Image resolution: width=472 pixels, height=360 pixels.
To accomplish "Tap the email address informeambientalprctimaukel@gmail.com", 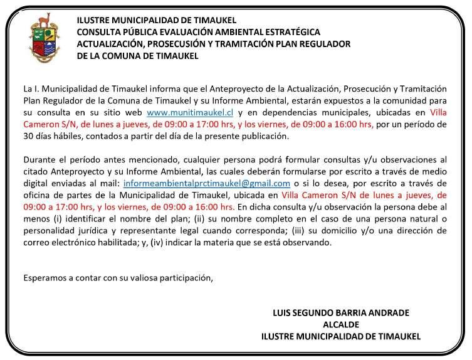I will (207, 184).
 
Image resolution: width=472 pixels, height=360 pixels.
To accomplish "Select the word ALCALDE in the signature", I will (341, 324).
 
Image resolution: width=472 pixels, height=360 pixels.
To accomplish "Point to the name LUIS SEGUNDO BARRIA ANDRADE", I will (341, 312).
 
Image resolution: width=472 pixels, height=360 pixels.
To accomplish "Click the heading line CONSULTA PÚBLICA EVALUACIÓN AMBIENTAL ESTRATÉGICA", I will (198, 32).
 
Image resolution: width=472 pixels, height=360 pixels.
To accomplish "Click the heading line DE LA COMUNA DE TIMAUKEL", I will (137, 56).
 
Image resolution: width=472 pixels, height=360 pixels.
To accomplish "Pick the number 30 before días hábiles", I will (28, 137).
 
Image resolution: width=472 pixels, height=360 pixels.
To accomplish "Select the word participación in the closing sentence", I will (186, 277).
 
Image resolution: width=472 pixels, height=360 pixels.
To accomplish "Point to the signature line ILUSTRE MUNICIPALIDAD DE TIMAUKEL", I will (341, 336).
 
